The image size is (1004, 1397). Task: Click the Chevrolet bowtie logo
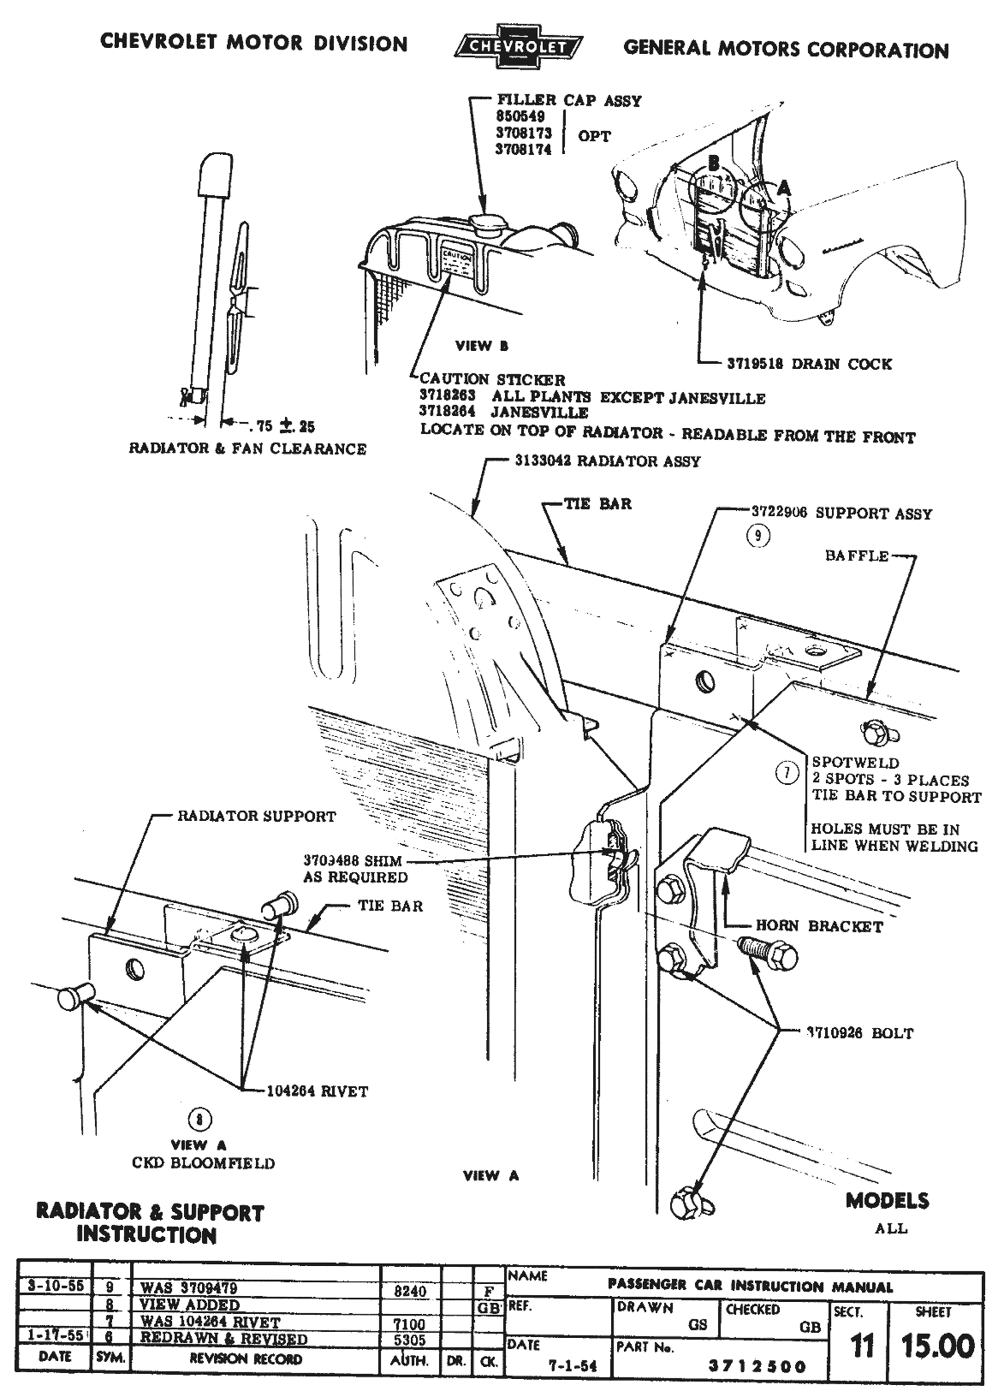point(516,49)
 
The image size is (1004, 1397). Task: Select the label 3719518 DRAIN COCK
point(804,364)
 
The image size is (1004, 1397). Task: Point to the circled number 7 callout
point(786,773)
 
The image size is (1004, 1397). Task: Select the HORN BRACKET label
point(819,925)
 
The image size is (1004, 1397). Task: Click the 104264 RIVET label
point(317,1091)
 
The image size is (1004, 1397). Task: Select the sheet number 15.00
point(938,1346)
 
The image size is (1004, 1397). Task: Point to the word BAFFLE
point(856,556)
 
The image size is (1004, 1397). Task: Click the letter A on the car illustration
point(784,186)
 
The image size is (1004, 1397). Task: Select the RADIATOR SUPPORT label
point(256,816)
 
